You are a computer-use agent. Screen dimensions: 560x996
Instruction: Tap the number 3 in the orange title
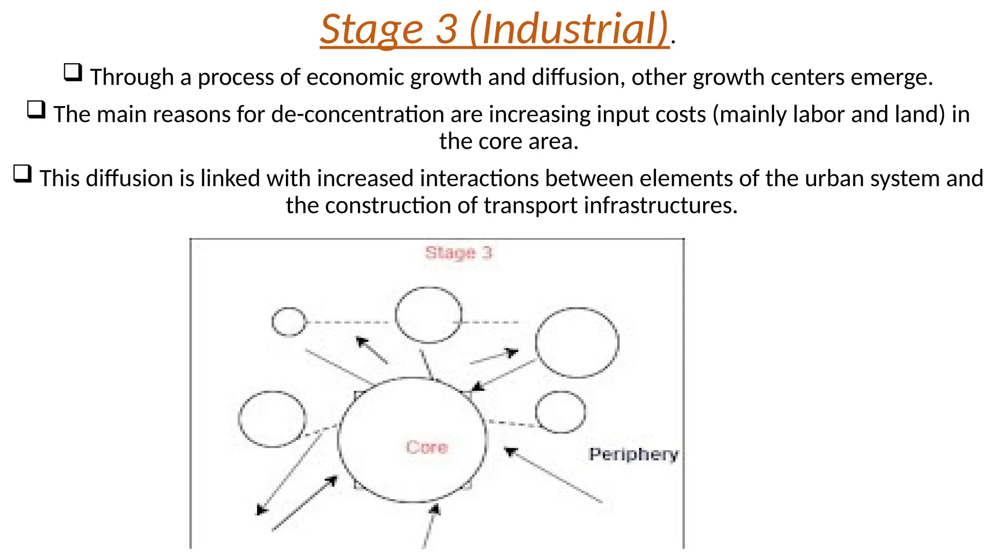tap(446, 29)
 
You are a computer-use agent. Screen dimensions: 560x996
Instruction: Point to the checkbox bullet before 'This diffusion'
tap(22, 174)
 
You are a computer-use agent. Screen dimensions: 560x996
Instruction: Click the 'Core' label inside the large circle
tap(427, 447)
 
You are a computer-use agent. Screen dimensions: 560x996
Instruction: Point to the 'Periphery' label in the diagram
tap(633, 455)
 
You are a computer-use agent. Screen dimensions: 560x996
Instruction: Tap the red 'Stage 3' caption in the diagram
tap(459, 253)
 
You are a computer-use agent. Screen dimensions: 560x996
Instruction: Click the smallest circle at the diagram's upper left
tap(289, 322)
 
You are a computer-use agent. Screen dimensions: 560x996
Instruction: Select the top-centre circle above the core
tap(428, 315)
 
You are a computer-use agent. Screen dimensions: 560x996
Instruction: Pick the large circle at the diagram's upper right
tap(577, 343)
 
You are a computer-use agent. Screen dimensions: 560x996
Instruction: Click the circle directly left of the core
tap(272, 419)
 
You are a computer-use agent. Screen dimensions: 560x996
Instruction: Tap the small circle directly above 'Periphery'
tap(560, 412)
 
